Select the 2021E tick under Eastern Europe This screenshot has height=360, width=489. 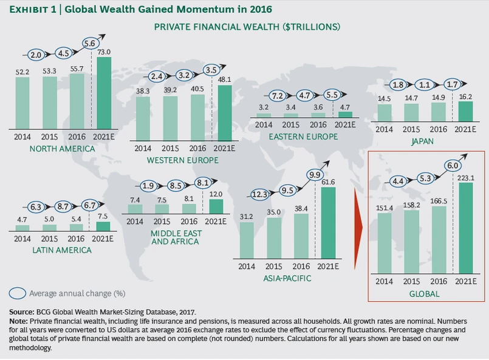(x=345, y=125)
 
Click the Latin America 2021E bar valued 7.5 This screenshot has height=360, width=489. (x=103, y=226)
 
